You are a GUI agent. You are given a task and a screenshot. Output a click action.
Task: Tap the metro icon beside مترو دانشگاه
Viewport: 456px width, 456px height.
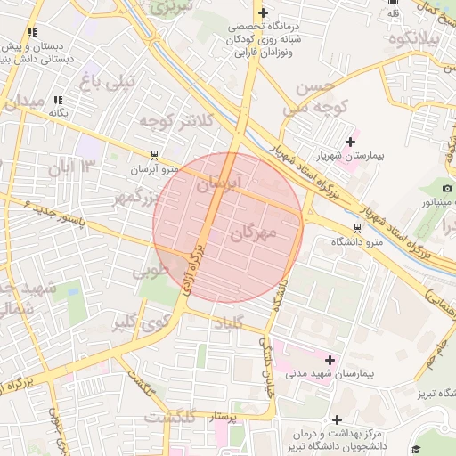point(357,227)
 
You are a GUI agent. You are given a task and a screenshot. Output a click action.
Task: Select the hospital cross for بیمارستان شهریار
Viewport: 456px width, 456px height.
point(350,141)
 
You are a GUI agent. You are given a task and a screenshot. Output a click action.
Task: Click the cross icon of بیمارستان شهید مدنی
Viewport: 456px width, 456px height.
point(330,359)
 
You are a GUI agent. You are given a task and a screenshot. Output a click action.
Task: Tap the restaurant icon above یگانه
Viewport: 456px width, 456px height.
point(58,100)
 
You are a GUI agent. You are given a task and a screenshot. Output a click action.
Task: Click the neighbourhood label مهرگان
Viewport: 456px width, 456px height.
point(254,232)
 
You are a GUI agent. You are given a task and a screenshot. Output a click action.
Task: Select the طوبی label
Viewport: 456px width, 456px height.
point(150,270)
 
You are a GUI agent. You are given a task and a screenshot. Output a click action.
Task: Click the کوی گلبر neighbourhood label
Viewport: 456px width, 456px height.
point(141,322)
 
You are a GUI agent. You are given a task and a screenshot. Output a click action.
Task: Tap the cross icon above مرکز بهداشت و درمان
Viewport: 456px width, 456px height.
point(337,419)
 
